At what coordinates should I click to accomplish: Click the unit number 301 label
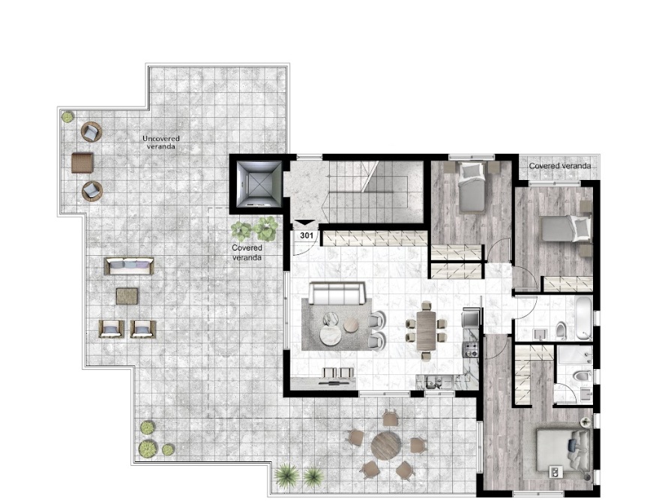tap(307, 235)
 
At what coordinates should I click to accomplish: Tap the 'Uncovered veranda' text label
tap(160, 142)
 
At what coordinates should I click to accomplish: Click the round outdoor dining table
tap(385, 445)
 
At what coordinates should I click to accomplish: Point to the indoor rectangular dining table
tap(426, 331)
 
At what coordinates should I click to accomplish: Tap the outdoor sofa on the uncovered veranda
tap(129, 266)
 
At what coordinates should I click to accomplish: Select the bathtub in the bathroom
tap(583, 318)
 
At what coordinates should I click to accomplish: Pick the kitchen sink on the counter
tap(434, 382)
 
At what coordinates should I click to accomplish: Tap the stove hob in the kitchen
tap(472, 349)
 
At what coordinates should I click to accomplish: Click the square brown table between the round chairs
tap(82, 163)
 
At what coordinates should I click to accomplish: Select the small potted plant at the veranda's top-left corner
tap(67, 116)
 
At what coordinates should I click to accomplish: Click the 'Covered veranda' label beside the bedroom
tap(560, 166)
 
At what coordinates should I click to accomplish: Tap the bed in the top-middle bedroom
tap(472, 187)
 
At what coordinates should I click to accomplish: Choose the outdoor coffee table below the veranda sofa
tap(127, 296)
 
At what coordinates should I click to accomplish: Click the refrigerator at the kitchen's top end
tap(471, 319)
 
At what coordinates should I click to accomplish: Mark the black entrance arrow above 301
tap(304, 223)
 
